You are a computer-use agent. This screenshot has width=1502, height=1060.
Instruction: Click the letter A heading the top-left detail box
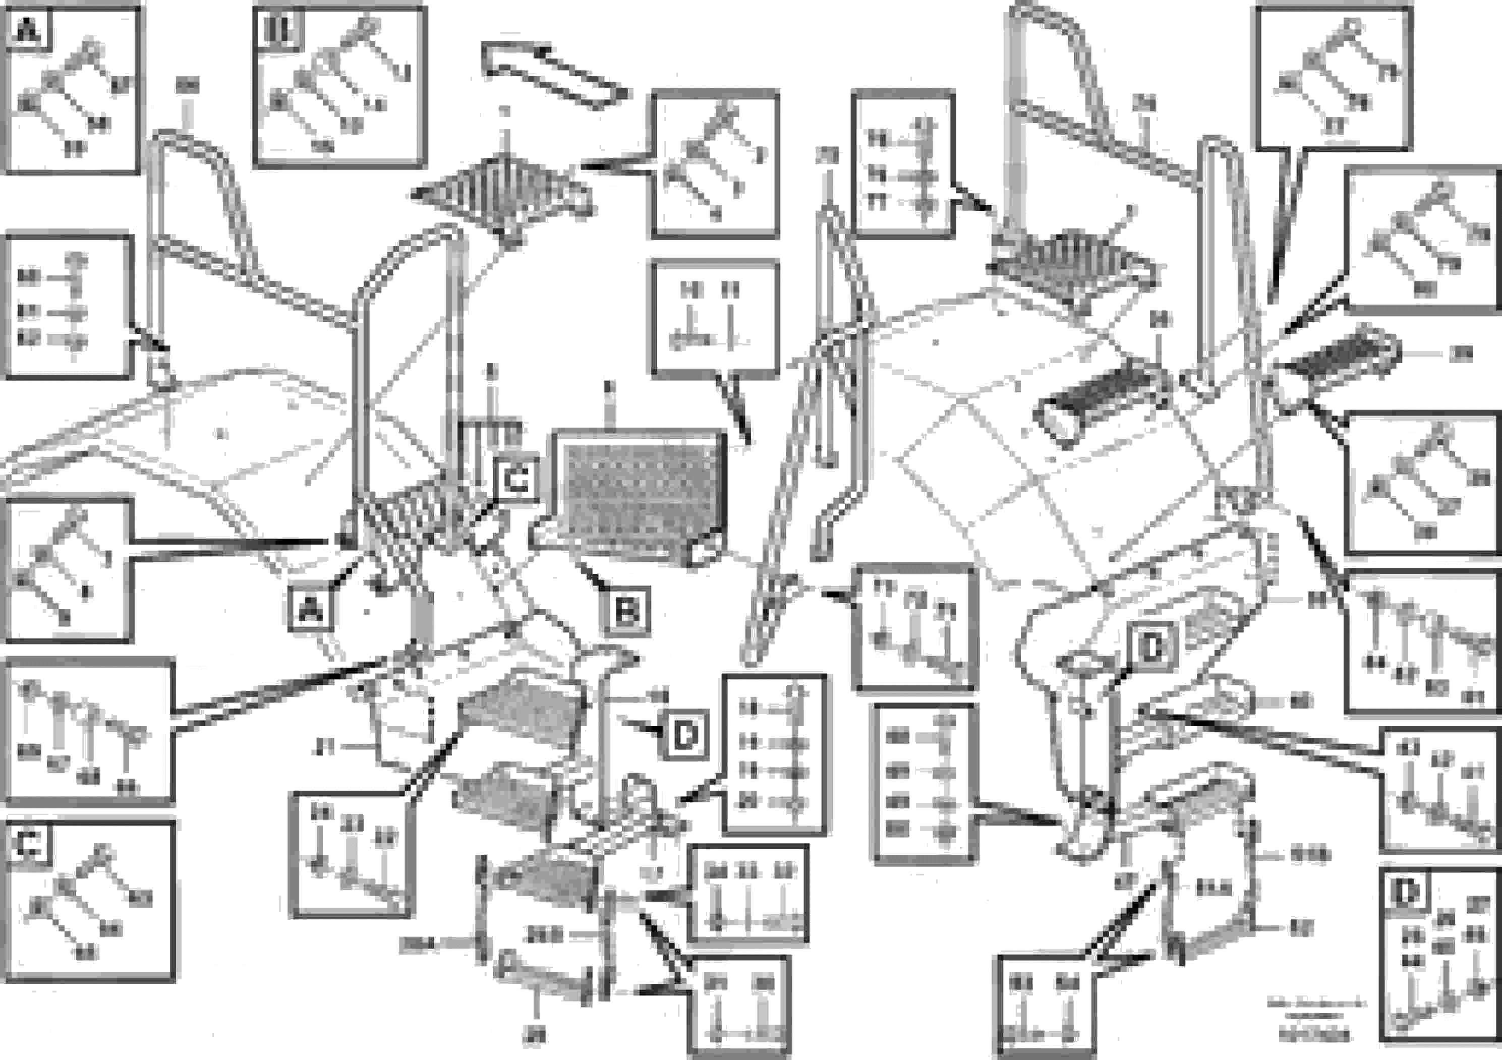click(x=27, y=29)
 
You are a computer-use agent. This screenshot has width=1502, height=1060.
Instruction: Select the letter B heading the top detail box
click(x=277, y=29)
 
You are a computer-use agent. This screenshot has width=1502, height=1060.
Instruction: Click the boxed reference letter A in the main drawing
click(x=311, y=610)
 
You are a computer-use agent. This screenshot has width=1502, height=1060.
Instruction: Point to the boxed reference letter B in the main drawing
click(x=626, y=611)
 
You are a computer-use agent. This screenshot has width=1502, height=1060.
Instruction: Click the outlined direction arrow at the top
click(x=556, y=75)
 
